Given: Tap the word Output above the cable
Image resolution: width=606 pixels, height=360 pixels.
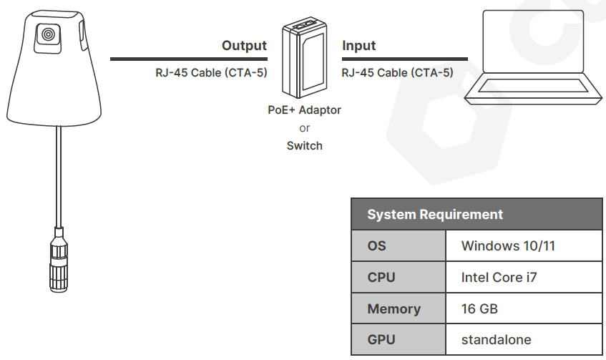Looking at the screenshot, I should coord(244,46).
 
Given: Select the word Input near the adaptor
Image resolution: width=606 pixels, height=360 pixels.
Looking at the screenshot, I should coord(359,46).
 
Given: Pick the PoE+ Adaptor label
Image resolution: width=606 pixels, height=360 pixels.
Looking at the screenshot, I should coord(305,110).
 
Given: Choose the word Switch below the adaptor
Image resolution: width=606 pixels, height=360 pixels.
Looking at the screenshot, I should coord(305,145).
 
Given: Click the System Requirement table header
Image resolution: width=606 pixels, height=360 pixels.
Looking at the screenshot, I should coord(434,214).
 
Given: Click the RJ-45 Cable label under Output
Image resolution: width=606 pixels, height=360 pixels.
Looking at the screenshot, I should coord(211,72).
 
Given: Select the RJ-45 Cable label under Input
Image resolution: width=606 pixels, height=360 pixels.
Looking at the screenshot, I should coord(397,72).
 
